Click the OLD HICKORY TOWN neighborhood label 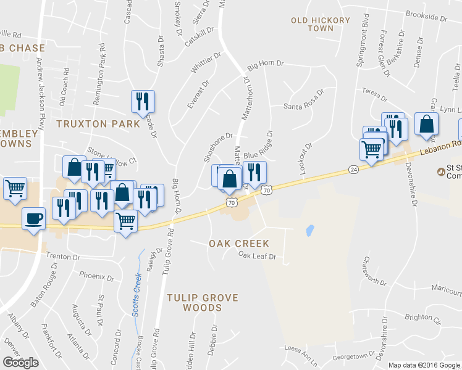(x=321, y=24)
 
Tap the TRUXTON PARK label (x=98, y=123)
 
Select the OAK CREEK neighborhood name (x=238, y=244)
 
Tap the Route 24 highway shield (x=353, y=169)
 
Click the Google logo (x=20, y=363)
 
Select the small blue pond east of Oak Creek (x=309, y=231)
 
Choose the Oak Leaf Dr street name (x=256, y=255)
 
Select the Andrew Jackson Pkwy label (x=41, y=93)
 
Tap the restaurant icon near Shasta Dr (x=143, y=101)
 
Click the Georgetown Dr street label (x=354, y=356)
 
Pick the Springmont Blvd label (x=366, y=44)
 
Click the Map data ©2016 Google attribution (x=424, y=365)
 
